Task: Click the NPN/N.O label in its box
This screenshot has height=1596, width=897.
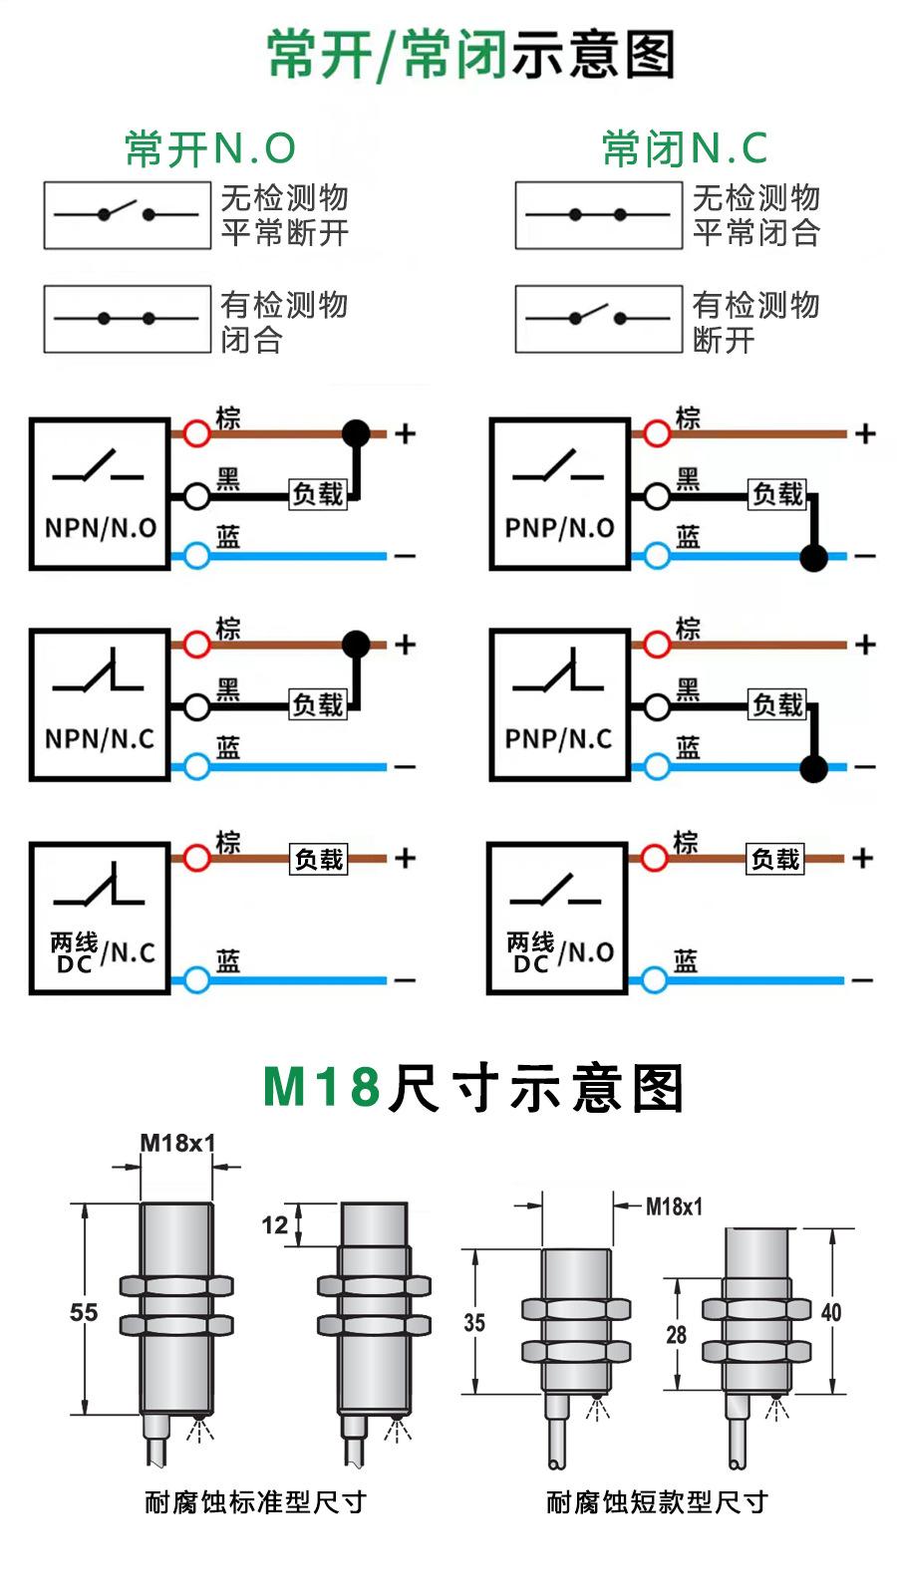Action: [x=101, y=528]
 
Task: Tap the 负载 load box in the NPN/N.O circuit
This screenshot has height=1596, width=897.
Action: [x=318, y=493]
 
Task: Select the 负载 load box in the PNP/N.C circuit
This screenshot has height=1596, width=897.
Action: [x=777, y=704]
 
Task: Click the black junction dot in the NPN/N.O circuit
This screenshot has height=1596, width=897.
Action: [x=356, y=432]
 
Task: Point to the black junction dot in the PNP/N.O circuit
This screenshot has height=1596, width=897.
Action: [x=813, y=557]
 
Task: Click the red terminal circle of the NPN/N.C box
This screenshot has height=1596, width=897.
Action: [x=197, y=645]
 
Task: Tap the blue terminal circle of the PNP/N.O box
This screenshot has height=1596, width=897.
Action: [x=656, y=556]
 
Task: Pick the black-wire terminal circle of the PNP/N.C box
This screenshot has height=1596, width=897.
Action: [x=656, y=706]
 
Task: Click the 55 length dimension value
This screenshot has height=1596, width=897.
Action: [x=84, y=1312]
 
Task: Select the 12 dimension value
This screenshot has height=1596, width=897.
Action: [x=275, y=1224]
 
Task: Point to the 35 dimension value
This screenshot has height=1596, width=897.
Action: [x=474, y=1322]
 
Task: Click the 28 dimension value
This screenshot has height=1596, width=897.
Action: [x=677, y=1334]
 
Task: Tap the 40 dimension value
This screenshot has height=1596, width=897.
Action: [x=831, y=1312]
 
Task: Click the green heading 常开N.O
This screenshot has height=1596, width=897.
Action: [x=210, y=149]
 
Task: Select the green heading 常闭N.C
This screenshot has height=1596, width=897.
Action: [x=685, y=149]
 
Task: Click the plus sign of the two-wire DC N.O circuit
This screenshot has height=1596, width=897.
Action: [x=863, y=858]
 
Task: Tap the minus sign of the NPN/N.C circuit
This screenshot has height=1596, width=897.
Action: [x=405, y=767]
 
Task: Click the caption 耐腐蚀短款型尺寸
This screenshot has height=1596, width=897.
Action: [x=657, y=1502]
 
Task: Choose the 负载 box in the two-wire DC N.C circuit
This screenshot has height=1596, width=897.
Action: [x=319, y=859]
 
